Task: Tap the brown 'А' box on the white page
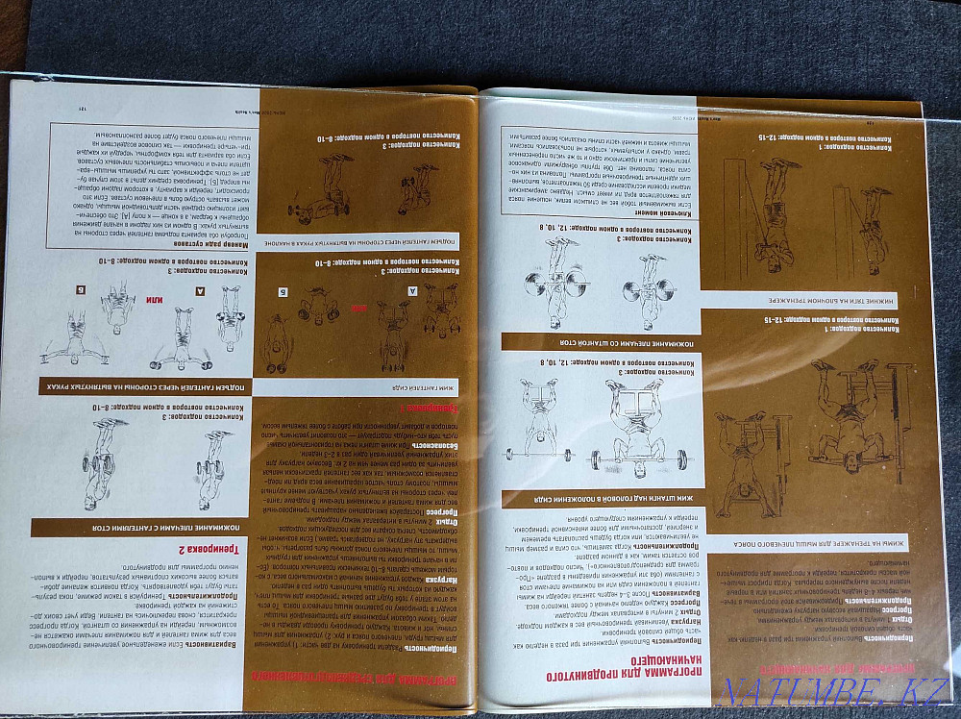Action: point(201,287)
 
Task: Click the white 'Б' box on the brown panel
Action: point(283,291)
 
